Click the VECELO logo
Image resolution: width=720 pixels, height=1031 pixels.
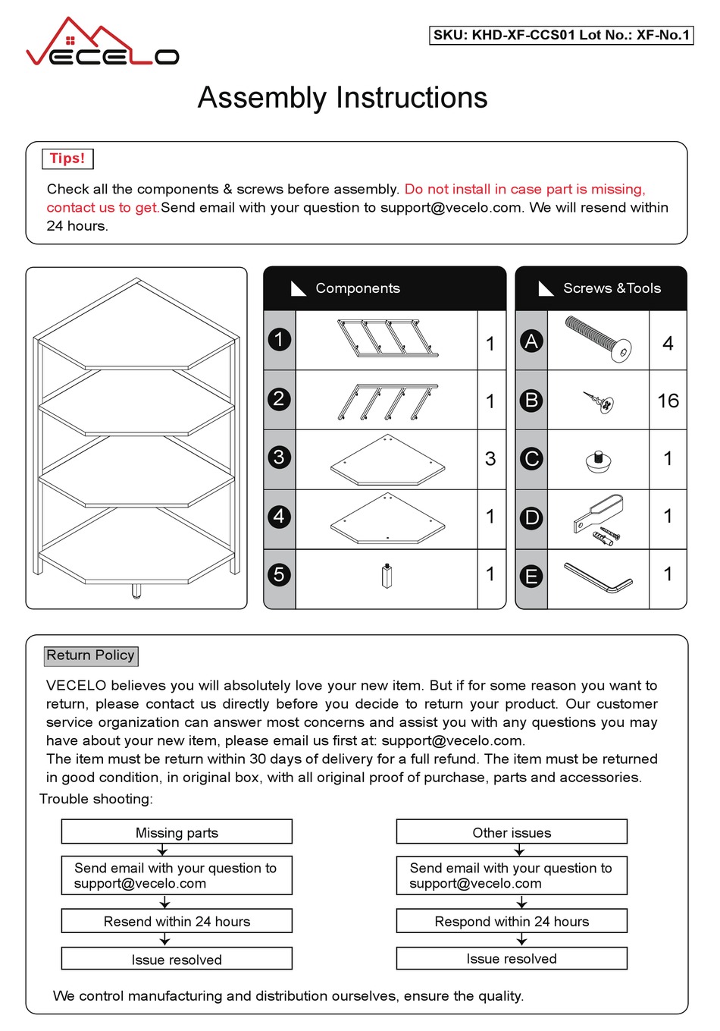(x=102, y=44)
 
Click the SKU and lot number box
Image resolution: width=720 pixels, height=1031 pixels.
(x=561, y=35)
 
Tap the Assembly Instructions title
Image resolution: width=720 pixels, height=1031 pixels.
(x=343, y=98)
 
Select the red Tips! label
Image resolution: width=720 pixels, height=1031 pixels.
(x=67, y=159)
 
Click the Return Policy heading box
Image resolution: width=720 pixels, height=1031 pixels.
(x=91, y=655)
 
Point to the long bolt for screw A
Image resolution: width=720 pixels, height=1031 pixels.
(x=598, y=339)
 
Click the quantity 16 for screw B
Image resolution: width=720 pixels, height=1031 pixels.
(x=668, y=401)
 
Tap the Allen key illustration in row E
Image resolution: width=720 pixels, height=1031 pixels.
(x=598, y=577)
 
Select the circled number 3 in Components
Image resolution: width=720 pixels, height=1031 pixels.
(x=279, y=457)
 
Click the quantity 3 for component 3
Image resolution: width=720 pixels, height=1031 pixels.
(x=490, y=459)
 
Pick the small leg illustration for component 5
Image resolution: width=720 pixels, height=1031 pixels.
(x=387, y=577)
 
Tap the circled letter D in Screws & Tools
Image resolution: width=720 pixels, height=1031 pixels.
(x=531, y=517)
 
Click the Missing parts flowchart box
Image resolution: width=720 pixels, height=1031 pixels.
(x=177, y=832)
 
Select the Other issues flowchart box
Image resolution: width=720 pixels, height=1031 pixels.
(x=512, y=832)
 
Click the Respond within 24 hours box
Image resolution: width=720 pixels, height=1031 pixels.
(x=512, y=921)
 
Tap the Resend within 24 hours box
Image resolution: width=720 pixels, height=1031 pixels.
(x=177, y=921)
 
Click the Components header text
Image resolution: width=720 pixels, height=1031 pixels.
(x=358, y=288)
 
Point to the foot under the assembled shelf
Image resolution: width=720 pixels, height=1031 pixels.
(x=136, y=591)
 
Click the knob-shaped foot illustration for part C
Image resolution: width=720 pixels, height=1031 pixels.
(x=599, y=460)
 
